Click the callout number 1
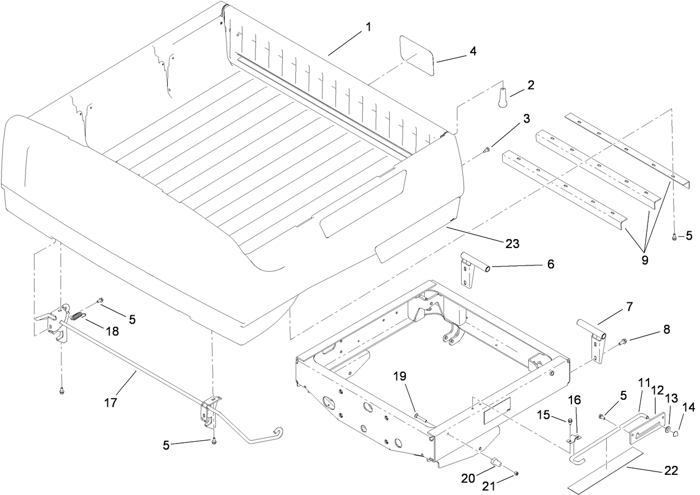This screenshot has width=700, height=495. [x=368, y=26]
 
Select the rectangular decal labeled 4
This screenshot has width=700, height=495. [x=418, y=55]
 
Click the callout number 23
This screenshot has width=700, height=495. [x=512, y=244]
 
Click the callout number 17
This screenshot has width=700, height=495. [x=111, y=402]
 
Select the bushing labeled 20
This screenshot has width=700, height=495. [x=495, y=462]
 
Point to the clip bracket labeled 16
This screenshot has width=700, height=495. [x=573, y=440]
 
